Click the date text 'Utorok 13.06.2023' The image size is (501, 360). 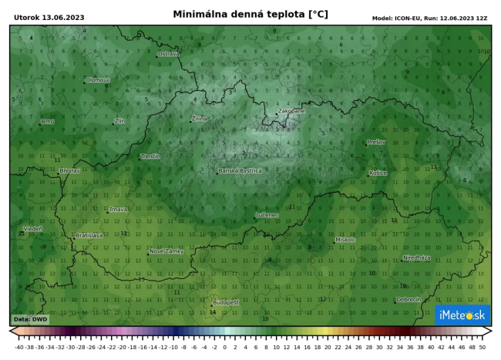pos(49,17)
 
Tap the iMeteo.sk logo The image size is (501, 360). pos(462,314)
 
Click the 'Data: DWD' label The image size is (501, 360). pos(31,318)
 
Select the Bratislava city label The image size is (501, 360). pos(89,235)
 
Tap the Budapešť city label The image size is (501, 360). pos(227,302)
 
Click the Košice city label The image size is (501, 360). pos(378,173)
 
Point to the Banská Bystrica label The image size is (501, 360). pos(240,170)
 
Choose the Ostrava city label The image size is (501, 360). pos(169,54)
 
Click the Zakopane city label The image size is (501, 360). pos(291,111)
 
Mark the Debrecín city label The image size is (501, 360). pos(409,299)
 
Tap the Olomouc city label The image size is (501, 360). pos(99,79)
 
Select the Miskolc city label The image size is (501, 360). pos(345,240)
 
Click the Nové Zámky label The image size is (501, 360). pos(166,251)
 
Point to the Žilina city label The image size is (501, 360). pos(200,119)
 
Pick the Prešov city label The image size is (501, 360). pos(376,142)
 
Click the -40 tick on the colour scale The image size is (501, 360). pos(18,348)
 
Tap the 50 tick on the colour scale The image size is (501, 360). pos(482,348)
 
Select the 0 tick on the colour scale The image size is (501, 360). pos(224,348)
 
